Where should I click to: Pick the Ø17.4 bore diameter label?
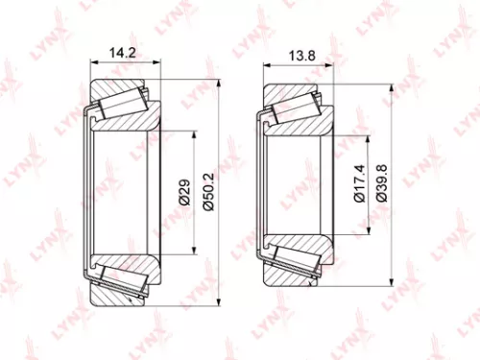click(359, 180)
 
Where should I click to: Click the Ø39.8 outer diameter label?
click(381, 180)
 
